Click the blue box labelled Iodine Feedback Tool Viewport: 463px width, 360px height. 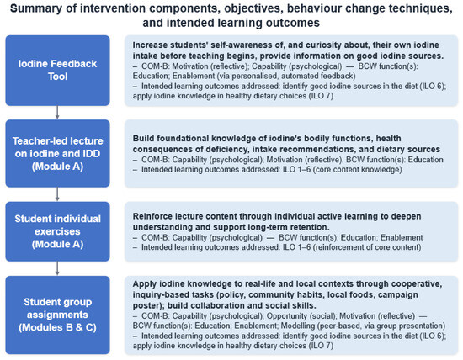[57, 70]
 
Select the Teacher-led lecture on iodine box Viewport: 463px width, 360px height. [57, 153]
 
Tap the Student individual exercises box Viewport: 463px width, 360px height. [57, 231]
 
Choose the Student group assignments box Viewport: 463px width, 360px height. [57, 315]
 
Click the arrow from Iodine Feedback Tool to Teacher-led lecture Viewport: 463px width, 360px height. [57, 113]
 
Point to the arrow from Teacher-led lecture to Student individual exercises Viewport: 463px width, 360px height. [57, 194]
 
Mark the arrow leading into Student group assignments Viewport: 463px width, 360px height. [57, 268]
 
